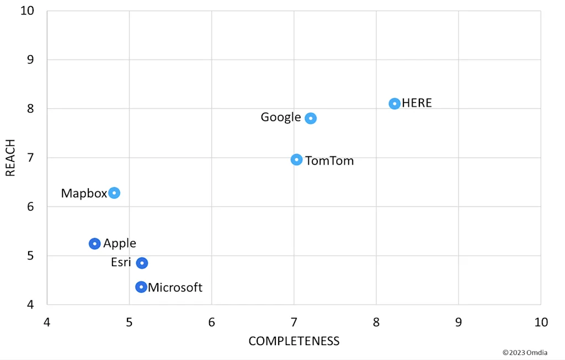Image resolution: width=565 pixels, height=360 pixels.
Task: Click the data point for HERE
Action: click(395, 104)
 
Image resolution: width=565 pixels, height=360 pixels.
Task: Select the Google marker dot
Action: click(311, 118)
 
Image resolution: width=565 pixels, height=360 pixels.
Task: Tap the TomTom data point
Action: click(297, 160)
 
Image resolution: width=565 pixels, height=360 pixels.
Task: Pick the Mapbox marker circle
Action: click(114, 193)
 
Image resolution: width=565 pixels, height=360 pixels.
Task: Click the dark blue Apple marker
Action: click(95, 243)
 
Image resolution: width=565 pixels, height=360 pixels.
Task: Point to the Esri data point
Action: click(142, 263)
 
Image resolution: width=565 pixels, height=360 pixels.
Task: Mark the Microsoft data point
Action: click(141, 287)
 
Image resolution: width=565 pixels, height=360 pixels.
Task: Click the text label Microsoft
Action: click(175, 288)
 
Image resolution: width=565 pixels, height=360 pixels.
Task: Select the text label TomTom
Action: click(329, 161)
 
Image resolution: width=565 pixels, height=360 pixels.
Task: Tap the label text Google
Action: click(281, 117)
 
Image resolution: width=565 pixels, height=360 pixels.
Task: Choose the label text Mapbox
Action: click(84, 193)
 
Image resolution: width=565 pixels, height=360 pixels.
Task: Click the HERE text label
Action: click(417, 103)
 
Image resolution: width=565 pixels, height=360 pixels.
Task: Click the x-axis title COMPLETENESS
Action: click(294, 341)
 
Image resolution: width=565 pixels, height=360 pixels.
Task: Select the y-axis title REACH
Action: click(10, 157)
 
